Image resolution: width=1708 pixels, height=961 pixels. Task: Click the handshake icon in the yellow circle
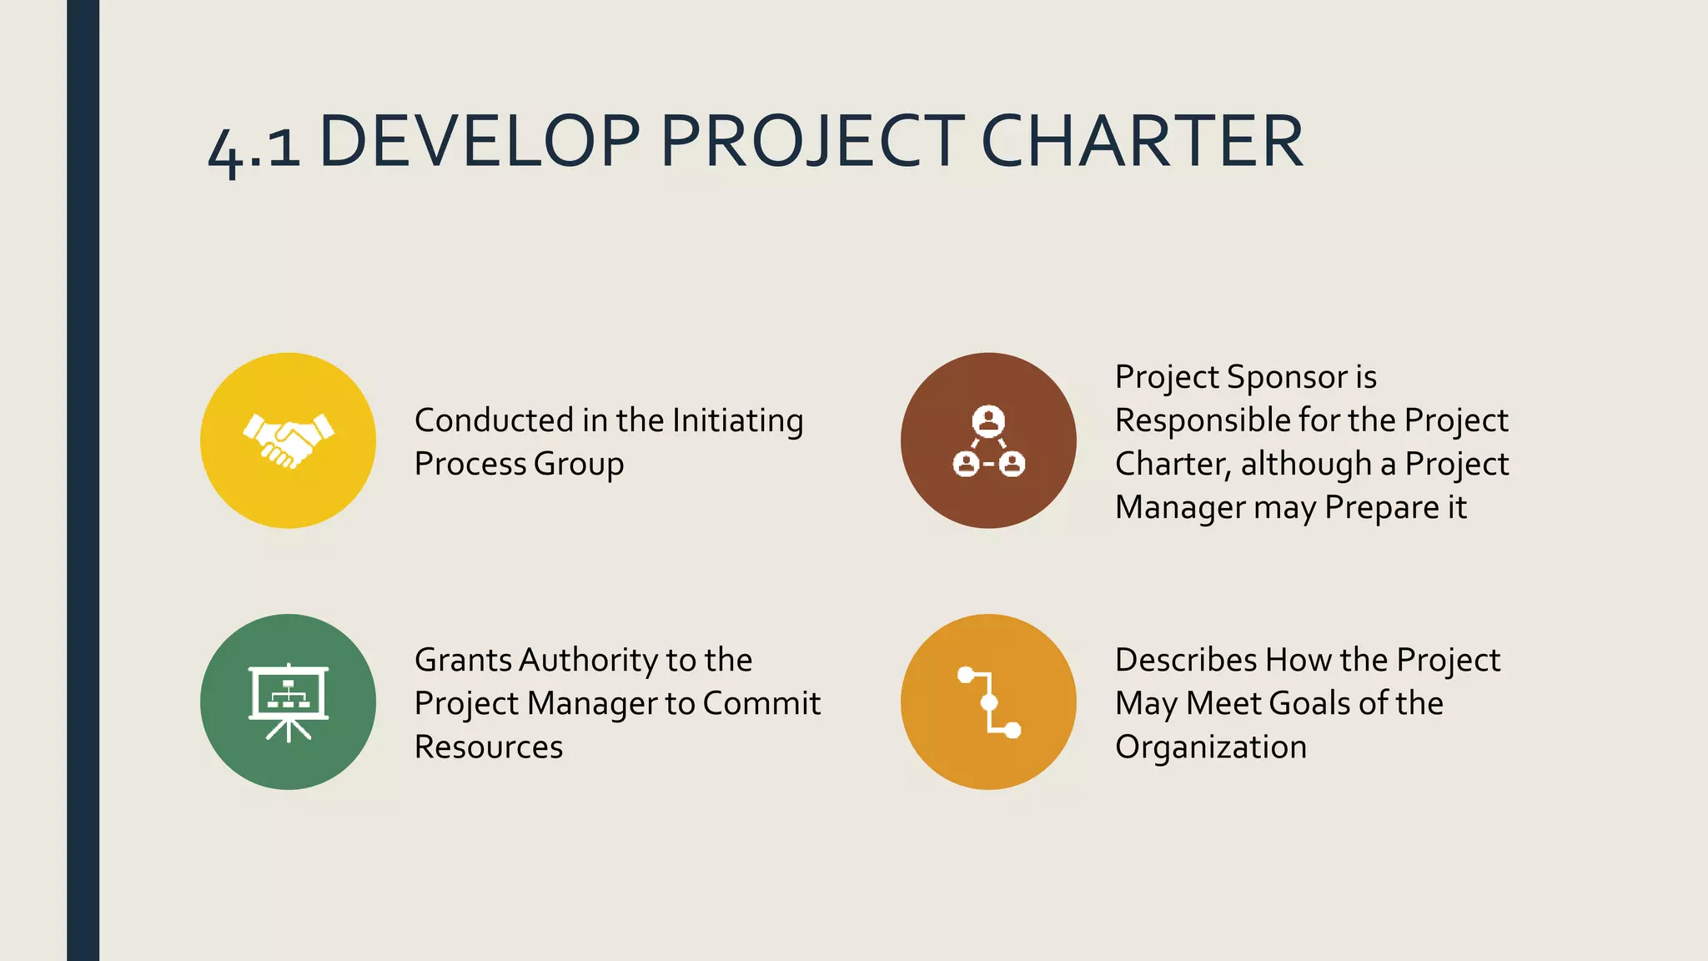coord(289,440)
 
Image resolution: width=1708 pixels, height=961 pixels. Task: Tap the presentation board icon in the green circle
coord(289,702)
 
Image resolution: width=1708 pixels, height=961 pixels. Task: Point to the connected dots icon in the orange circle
coord(989,702)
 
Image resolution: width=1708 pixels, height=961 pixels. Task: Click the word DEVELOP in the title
coord(480,141)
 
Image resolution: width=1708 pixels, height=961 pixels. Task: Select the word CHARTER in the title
coord(1142,141)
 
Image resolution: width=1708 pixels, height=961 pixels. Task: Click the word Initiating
coord(737,421)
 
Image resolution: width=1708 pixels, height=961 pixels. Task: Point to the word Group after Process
coord(579,465)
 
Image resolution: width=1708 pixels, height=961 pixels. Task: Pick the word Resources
coord(489,747)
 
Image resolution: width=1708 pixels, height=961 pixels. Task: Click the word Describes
coord(1186,660)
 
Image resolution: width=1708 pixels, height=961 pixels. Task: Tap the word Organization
coord(1211,747)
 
